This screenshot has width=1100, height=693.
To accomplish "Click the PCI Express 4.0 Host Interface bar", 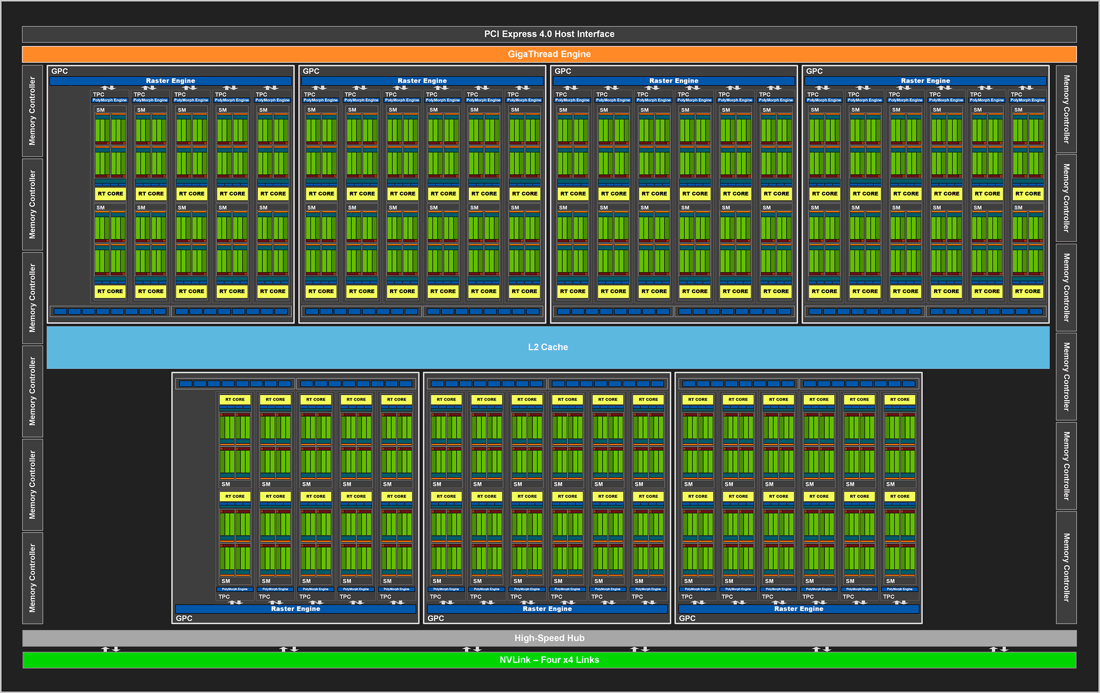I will [549, 34].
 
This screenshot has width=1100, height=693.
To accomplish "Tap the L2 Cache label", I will [548, 347].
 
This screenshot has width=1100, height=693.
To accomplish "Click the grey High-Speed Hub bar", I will [549, 638].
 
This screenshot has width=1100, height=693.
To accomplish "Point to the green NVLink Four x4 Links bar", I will [549, 659].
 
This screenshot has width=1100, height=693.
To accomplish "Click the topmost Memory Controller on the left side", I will [32, 111].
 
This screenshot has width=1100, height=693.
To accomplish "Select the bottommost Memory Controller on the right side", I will [1066, 567].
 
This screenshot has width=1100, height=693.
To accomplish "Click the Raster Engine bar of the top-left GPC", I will [171, 81].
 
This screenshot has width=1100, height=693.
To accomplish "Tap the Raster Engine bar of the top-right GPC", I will [925, 81].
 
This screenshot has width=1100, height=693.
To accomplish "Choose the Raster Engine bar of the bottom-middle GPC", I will [547, 609].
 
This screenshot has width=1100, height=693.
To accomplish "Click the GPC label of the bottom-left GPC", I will [184, 619].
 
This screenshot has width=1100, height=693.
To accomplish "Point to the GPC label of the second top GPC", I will [311, 71].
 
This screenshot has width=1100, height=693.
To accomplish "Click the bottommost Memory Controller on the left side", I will [32, 578].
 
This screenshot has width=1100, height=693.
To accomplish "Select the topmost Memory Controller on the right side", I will [1066, 109].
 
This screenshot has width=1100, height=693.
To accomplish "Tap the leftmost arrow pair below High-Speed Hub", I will [110, 649].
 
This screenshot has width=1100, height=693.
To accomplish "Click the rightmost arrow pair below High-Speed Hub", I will [999, 649].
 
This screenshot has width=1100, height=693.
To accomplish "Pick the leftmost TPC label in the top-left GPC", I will [99, 95].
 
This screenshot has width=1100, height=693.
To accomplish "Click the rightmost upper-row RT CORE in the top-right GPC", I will [1028, 194].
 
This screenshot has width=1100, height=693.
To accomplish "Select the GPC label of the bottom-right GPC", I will [687, 619].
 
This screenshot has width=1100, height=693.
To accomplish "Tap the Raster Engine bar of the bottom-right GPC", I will [798, 609].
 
